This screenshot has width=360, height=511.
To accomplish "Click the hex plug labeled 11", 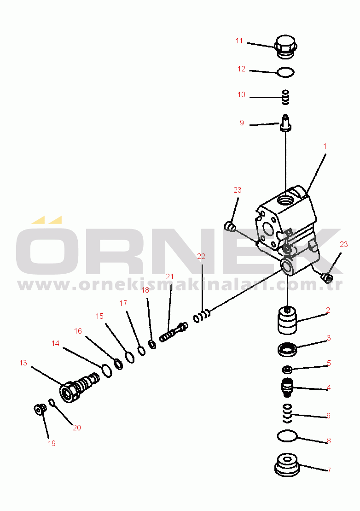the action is coord(286,47).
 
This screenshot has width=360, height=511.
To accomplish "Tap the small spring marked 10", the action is coord(285,97).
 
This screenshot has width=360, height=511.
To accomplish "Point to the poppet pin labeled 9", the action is coord(285,123).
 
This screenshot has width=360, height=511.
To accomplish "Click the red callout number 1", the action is coord(325,147).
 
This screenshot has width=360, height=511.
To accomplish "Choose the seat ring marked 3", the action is coord(287,350).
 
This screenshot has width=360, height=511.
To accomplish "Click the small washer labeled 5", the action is coord(287,370).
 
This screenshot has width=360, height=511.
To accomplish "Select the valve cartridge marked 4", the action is coord(287,387).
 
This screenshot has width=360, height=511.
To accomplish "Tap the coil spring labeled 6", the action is coord(287,414).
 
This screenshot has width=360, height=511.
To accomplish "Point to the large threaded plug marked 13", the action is coord(79,387).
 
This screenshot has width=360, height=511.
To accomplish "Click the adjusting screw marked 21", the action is coord(174,332).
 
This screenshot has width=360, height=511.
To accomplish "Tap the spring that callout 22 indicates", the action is coord(202,316).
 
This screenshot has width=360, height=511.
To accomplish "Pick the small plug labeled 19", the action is coord(40,409).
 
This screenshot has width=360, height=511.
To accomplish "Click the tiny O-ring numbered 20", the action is coord(52,403).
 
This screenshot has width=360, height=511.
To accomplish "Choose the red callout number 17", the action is coord(123,303).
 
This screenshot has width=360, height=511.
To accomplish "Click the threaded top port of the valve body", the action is coord(286,200).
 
